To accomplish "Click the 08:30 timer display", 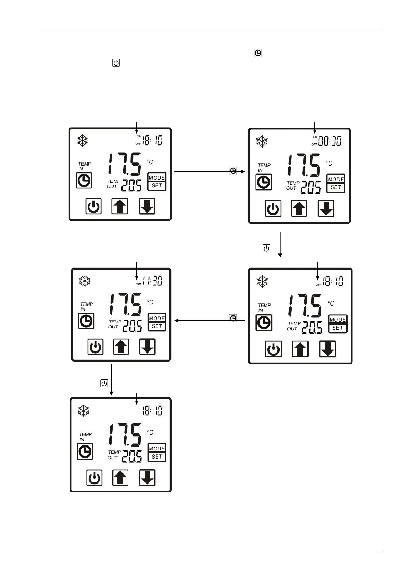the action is pyautogui.click(x=330, y=141).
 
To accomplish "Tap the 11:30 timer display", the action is pyautogui.click(x=153, y=281).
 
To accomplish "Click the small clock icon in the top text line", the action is pyautogui.click(x=258, y=53).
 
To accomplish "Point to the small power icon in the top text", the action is pyautogui.click(x=116, y=63).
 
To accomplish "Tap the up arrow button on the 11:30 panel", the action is pyautogui.click(x=121, y=347).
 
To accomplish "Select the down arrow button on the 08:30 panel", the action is pyautogui.click(x=326, y=209).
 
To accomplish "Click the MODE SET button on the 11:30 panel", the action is pyautogui.click(x=157, y=322).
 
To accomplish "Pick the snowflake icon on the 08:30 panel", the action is pyautogui.click(x=262, y=141).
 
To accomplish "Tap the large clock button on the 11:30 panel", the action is pyautogui.click(x=86, y=321).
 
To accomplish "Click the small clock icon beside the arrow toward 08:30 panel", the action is pyautogui.click(x=233, y=171).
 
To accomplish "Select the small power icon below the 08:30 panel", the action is pyautogui.click(x=266, y=248).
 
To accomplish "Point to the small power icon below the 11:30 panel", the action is pyautogui.click(x=104, y=383).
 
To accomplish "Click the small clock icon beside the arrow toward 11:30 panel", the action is pyautogui.click(x=233, y=318).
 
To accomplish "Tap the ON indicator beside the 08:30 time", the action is pyautogui.click(x=315, y=137).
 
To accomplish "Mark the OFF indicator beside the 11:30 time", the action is pyautogui.click(x=138, y=284).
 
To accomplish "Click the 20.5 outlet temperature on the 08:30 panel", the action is pyautogui.click(x=311, y=188).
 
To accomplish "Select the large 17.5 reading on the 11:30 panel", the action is pyautogui.click(x=125, y=304).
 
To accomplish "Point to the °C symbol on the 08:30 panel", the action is pyautogui.click(x=329, y=163).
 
